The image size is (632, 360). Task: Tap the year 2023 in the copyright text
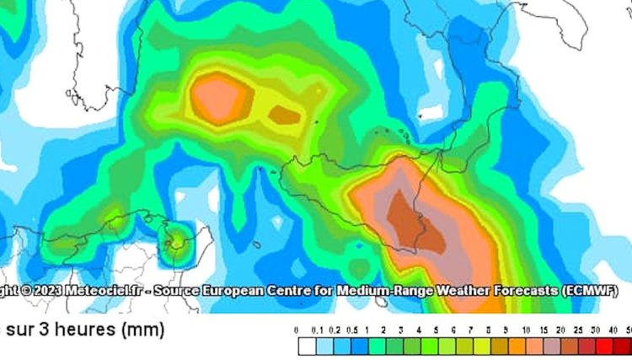pyautogui.click(x=49, y=291)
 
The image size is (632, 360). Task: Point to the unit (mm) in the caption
pyautogui.click(x=142, y=330)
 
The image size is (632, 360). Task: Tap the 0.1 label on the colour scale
pyautogui.click(x=317, y=329)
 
